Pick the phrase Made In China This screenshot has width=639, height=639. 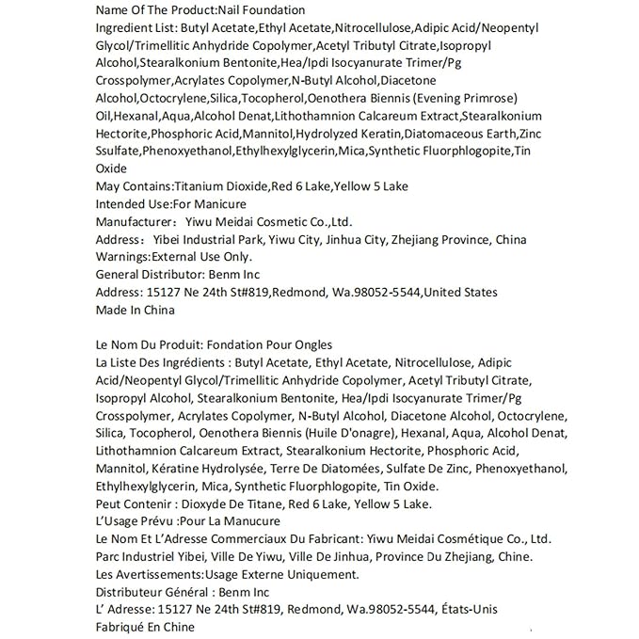click(136, 309)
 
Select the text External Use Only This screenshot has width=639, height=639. click(202, 256)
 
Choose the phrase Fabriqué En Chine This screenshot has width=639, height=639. click(145, 626)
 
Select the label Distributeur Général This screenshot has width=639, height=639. click(152, 591)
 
